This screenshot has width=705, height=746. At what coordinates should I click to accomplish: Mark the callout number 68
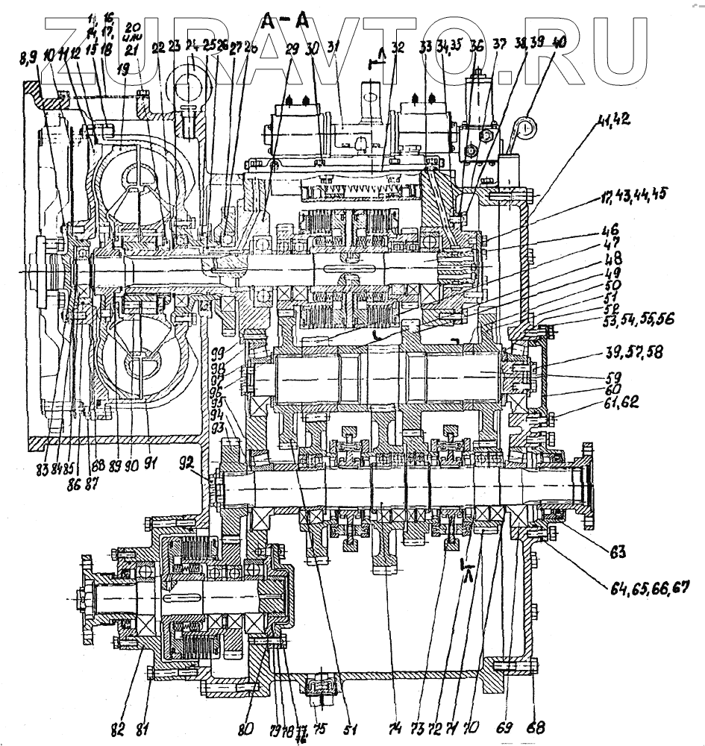(530, 724)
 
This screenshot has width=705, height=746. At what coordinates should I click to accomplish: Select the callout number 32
(398, 49)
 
